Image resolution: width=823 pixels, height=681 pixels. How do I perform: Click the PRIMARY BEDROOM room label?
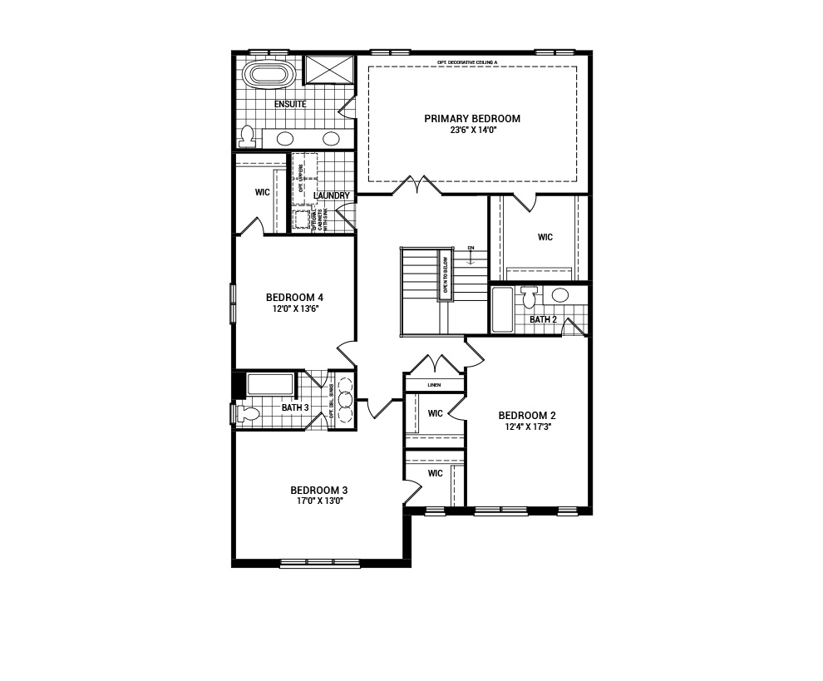[472, 119]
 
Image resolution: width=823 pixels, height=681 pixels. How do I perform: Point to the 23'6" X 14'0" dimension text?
[472, 131]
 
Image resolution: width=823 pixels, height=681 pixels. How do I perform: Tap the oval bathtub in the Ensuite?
[269, 74]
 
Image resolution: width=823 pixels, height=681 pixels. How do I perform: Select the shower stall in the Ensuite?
[329, 70]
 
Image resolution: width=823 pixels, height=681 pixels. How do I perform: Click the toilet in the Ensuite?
[247, 136]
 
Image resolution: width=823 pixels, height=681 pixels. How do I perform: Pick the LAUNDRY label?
[333, 196]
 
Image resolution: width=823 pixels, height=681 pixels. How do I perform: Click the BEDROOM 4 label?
[294, 298]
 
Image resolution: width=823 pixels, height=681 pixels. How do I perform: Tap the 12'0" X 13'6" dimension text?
[294, 308]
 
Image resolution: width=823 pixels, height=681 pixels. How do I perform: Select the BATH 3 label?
[295, 407]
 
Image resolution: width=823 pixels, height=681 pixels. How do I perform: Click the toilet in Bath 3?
[248, 412]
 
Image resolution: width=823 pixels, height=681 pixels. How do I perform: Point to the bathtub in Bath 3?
[270, 384]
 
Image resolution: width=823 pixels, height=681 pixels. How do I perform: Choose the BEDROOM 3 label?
[318, 490]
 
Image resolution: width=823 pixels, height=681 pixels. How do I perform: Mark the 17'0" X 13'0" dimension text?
[318, 501]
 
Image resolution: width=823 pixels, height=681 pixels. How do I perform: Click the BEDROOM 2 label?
[527, 416]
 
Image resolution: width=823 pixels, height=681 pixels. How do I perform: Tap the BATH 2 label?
[543, 319]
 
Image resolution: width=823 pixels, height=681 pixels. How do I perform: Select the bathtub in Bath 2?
[502, 309]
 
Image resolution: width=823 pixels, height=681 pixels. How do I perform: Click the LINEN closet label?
[434, 385]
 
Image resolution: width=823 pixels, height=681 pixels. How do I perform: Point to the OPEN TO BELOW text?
[445, 274]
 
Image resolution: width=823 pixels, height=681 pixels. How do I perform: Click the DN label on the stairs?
[471, 248]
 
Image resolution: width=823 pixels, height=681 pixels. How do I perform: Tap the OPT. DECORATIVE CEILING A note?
[467, 62]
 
